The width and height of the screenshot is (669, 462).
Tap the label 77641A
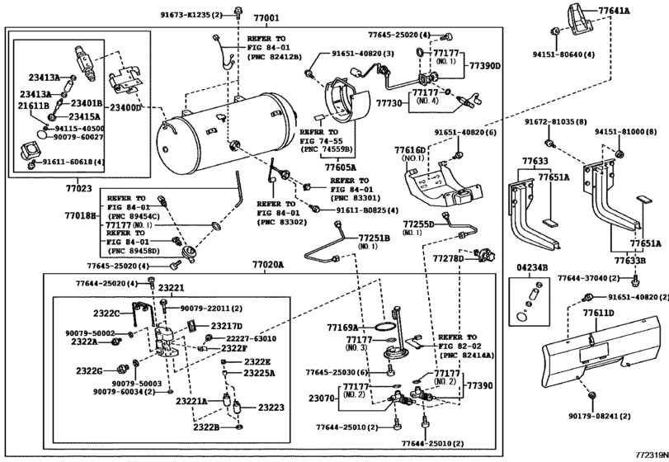(x=636, y=12)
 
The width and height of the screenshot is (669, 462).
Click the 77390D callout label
(x=485, y=65)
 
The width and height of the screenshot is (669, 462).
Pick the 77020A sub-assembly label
(x=268, y=266)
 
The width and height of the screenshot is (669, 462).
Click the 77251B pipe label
(x=374, y=238)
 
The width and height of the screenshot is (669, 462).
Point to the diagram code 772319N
(x=651, y=455)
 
